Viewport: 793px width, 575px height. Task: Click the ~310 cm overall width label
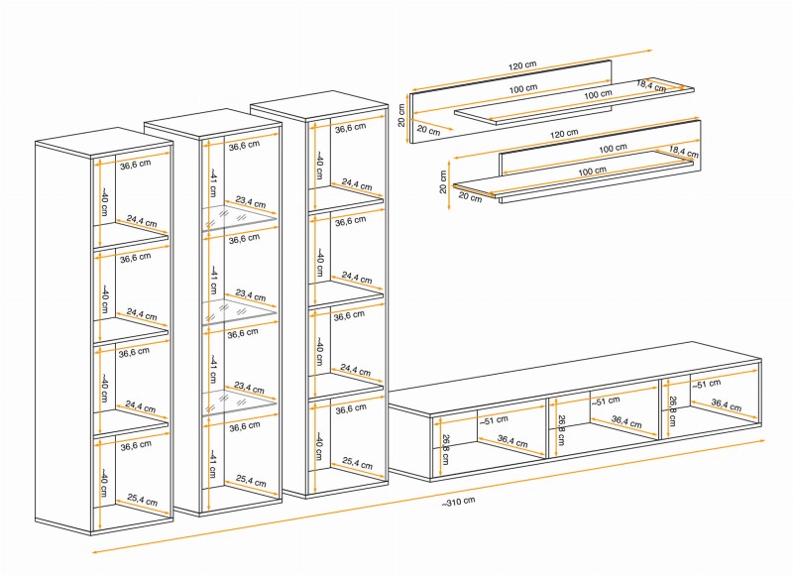[x=457, y=501]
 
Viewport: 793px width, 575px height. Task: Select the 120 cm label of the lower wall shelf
[x=563, y=133]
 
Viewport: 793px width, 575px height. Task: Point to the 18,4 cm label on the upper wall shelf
[x=651, y=85]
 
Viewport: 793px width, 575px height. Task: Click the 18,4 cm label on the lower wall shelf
[x=684, y=151]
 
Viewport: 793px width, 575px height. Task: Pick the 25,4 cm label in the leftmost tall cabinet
[x=142, y=501]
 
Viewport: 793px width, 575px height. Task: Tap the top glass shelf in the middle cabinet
[x=241, y=220]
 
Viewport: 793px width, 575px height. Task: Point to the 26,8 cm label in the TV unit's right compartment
[x=673, y=410]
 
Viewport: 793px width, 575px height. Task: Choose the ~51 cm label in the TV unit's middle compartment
[x=606, y=401]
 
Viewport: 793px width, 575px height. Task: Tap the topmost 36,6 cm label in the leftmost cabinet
[x=135, y=165]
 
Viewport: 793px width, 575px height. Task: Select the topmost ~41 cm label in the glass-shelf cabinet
[x=212, y=183]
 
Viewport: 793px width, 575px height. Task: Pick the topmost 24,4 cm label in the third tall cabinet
[x=357, y=184]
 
